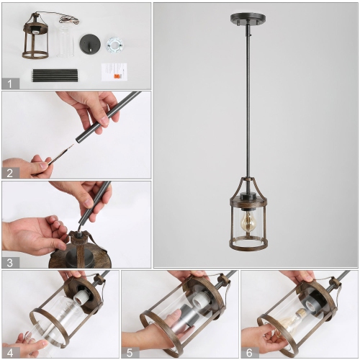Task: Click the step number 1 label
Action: [x=10, y=83]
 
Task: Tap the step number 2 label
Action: [x=10, y=172]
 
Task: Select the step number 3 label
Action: [x=10, y=262]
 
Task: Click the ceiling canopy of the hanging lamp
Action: [x=248, y=18]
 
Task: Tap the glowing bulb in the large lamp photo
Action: [x=248, y=220]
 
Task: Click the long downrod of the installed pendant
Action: [x=248, y=108]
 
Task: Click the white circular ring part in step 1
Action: [x=114, y=43]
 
